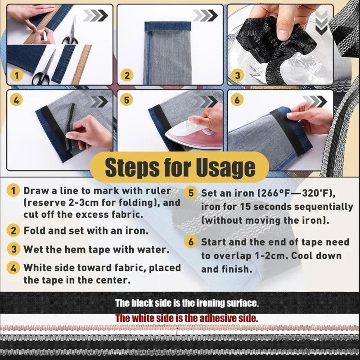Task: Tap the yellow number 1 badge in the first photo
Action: click(17, 76)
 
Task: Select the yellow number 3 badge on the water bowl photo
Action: click(238, 75)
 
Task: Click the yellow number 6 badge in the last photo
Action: click(237, 100)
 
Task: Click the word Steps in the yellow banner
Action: click(132, 167)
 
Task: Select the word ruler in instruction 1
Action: click(158, 190)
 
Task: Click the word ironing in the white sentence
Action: click(211, 303)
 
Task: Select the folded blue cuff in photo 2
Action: click(168, 27)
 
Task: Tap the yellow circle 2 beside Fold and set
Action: click(13, 230)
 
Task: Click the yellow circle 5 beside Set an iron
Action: click(191, 193)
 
